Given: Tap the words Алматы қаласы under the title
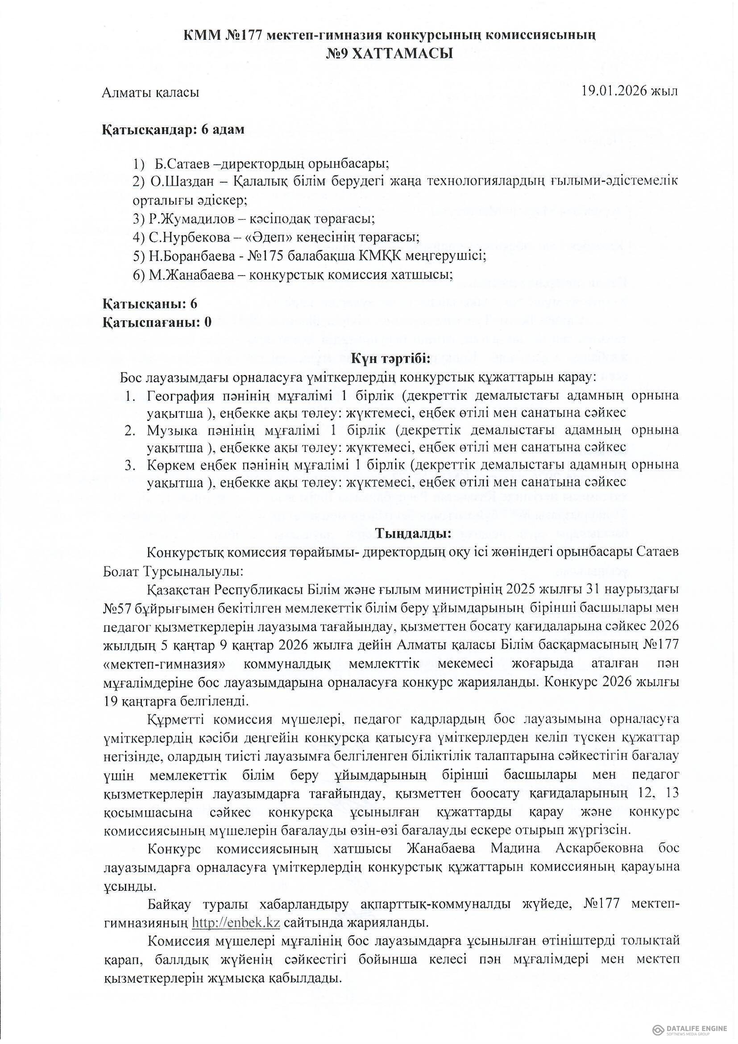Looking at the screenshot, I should (150, 92).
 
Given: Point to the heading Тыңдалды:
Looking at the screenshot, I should (413, 533).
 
